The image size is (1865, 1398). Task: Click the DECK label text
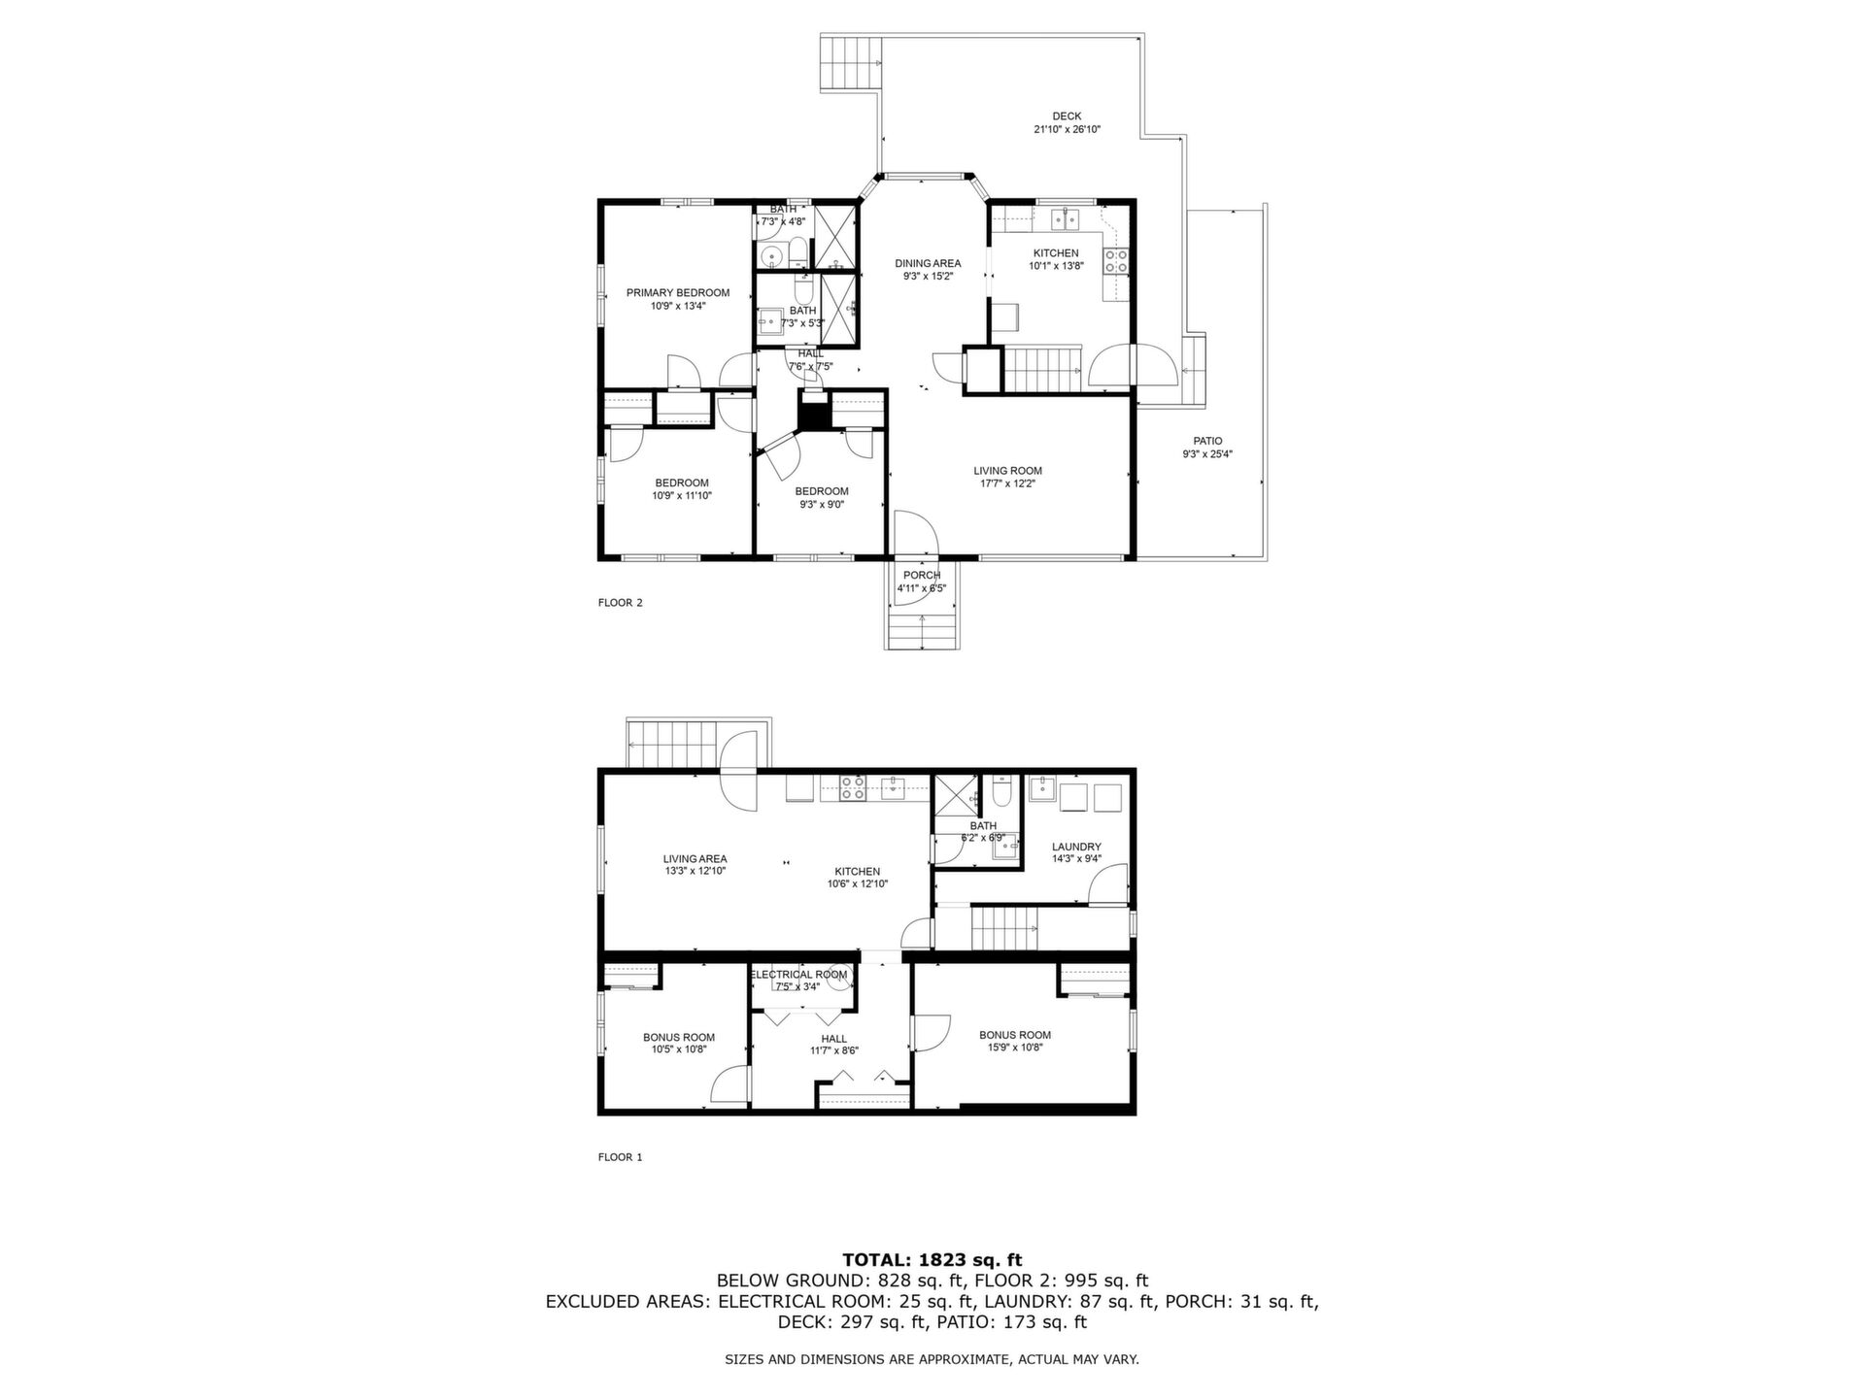1067,116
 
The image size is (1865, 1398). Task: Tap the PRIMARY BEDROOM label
678,293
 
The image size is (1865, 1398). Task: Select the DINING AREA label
928,263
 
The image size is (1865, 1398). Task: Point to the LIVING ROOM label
1008,471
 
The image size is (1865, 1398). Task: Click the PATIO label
1208,441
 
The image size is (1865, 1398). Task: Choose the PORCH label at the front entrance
922,576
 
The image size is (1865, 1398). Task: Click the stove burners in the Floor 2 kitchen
1115,260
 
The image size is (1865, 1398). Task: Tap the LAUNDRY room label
1076,847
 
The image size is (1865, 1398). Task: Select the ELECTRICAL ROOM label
798,975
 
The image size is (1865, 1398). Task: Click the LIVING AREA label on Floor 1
695,859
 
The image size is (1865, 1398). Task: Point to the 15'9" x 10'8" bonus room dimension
1015,1048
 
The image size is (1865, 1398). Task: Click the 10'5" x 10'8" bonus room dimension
679,1049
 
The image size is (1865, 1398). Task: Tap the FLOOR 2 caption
621,603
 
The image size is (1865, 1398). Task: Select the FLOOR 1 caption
621,1157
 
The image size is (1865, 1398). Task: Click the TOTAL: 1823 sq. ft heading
932,1261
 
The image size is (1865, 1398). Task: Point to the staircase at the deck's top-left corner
852,62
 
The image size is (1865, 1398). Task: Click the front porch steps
922,631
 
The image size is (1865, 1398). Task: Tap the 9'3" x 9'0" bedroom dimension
822,505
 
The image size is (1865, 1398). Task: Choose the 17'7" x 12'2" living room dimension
1008,483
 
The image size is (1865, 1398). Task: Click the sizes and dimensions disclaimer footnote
932,1360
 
